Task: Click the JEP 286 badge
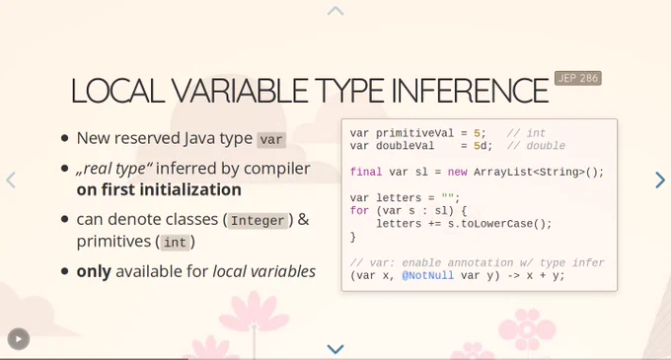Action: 577,78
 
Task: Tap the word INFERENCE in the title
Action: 470,91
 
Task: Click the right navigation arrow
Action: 660,180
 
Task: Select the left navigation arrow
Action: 11,180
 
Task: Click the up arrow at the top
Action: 335,11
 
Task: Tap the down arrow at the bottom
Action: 335,349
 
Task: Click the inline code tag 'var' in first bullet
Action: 271,139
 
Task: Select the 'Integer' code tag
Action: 258,221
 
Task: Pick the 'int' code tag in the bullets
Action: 175,243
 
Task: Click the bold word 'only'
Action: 94,271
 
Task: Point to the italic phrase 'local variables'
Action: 264,271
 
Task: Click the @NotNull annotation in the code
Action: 428,276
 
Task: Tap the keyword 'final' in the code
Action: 366,172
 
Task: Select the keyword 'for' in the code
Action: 359,211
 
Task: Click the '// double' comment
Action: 536,146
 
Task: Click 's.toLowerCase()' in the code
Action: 496,224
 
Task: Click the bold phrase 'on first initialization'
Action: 159,189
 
